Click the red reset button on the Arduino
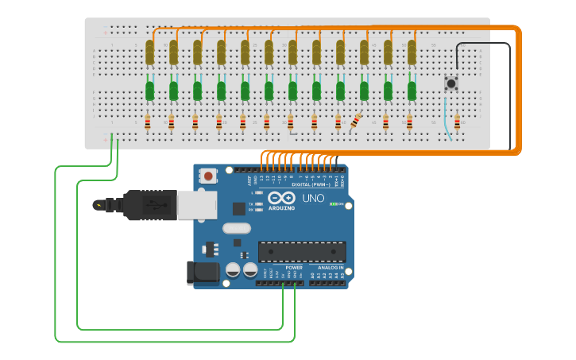click(x=208, y=175)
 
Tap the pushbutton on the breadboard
click(x=451, y=83)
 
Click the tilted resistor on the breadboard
click(x=354, y=122)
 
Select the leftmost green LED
click(x=149, y=91)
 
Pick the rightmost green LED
click(x=412, y=91)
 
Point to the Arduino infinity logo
click(x=281, y=198)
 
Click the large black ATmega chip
click(x=302, y=252)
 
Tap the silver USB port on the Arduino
click(x=196, y=205)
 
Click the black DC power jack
click(x=202, y=273)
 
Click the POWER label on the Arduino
click(x=293, y=268)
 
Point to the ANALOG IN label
click(x=331, y=268)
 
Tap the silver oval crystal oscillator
click(x=237, y=229)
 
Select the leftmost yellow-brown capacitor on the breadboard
click(x=149, y=52)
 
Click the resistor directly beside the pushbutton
click(x=457, y=123)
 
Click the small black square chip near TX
click(x=239, y=209)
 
